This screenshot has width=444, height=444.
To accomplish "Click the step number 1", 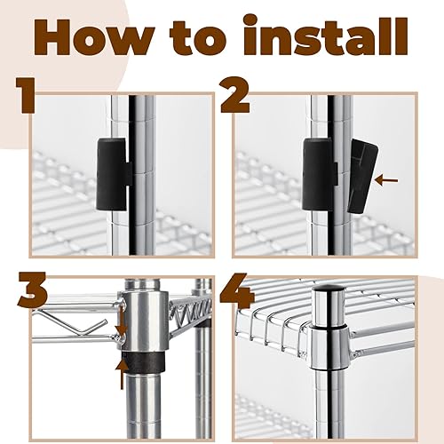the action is pos(25,96).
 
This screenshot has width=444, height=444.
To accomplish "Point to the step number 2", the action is pos(234,96).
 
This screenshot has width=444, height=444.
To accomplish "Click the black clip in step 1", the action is pos(115,174).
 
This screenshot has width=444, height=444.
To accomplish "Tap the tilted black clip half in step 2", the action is pos(362,177).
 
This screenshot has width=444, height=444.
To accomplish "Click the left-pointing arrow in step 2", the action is pos(386,180).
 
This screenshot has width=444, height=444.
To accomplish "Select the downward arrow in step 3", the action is pos(122,321).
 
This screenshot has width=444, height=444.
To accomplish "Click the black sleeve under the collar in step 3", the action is pos(143,361).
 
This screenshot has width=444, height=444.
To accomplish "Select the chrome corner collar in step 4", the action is pos(329,349).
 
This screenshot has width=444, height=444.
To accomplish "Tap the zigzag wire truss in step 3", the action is pos(192,313).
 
